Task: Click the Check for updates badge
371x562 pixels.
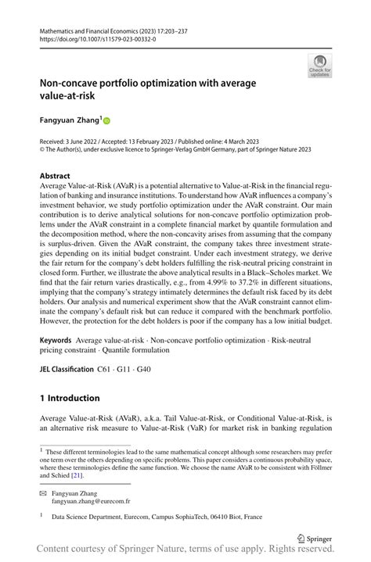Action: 319,66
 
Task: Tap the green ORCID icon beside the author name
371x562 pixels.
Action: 106,120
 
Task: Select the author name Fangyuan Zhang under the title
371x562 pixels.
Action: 71,120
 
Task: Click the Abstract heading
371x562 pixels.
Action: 55,176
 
